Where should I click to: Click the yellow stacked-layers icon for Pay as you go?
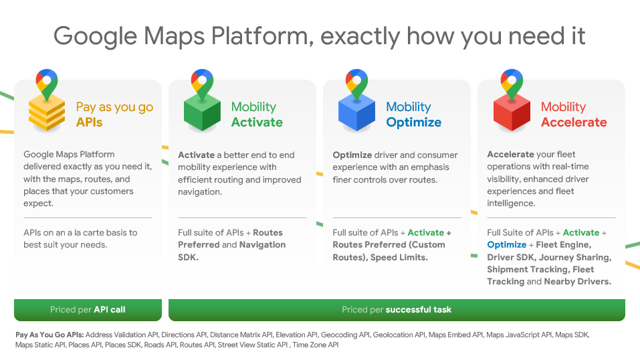click(47, 113)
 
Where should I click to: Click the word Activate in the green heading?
click(257, 122)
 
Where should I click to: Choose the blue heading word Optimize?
click(413, 122)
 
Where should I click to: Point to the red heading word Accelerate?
click(574, 122)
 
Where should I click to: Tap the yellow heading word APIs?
click(89, 122)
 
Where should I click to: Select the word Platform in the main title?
click(262, 36)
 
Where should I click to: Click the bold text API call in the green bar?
click(110, 310)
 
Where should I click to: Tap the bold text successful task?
click(419, 310)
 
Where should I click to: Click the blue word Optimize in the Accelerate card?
click(506, 245)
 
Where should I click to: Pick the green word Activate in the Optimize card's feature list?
click(426, 232)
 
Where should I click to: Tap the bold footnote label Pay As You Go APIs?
click(49, 335)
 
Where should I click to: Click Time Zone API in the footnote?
click(316, 345)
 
